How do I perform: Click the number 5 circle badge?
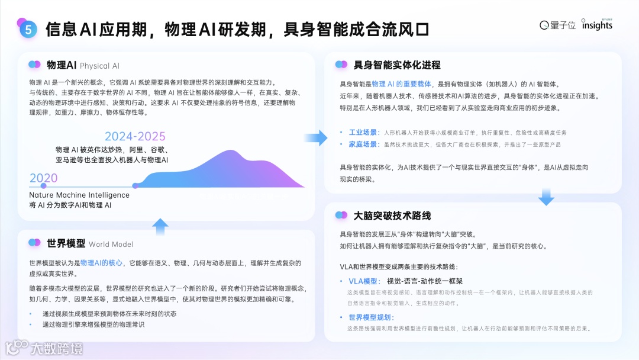click(27, 29)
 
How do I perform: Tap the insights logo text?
click(597, 25)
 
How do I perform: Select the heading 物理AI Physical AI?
click(82, 65)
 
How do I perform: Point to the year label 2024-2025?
click(135, 136)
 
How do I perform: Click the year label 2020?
click(44, 178)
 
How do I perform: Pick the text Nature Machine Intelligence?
click(79, 195)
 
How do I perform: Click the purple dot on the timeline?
click(135, 186)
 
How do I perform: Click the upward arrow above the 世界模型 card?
click(160, 226)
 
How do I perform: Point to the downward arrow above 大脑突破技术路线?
click(546, 197)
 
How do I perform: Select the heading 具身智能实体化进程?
click(397, 65)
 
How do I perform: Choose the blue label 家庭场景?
click(362, 144)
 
